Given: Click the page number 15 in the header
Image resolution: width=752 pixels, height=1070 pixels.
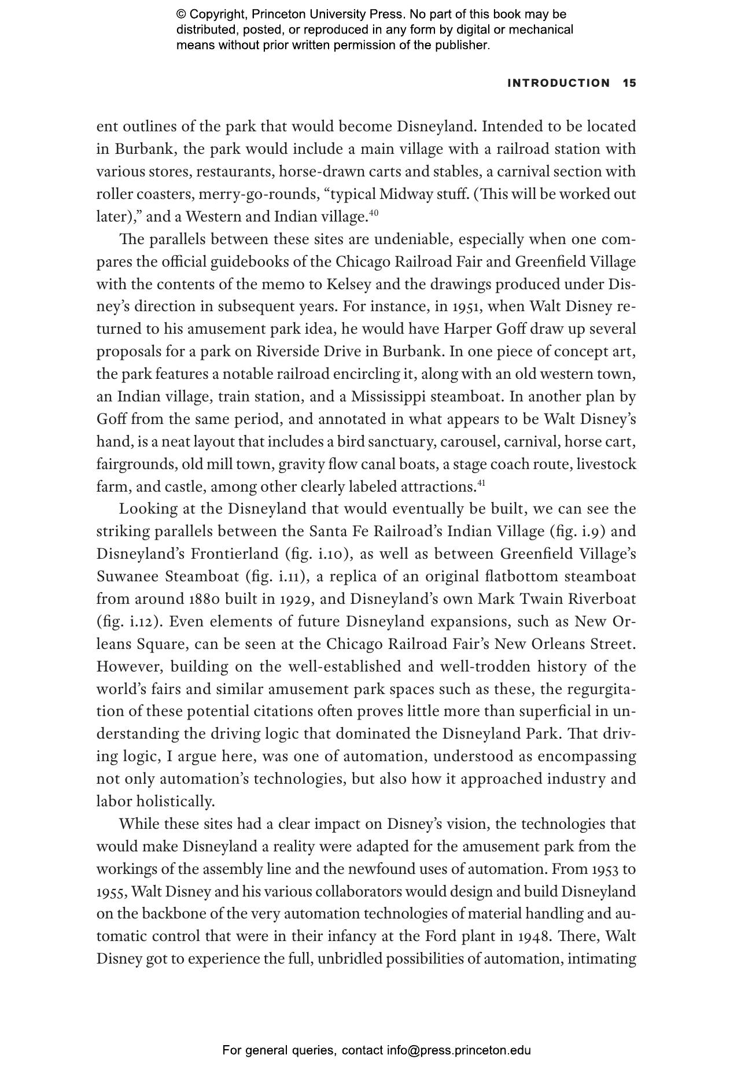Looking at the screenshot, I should point(629,83).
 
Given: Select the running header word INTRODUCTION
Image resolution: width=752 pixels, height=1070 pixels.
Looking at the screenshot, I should point(558,83).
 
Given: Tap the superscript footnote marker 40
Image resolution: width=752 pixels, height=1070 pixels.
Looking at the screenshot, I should point(373,213).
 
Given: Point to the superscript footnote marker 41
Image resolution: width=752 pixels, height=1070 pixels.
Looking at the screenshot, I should point(481,483).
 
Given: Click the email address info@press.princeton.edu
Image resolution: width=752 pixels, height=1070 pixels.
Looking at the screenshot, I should point(459,1050).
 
